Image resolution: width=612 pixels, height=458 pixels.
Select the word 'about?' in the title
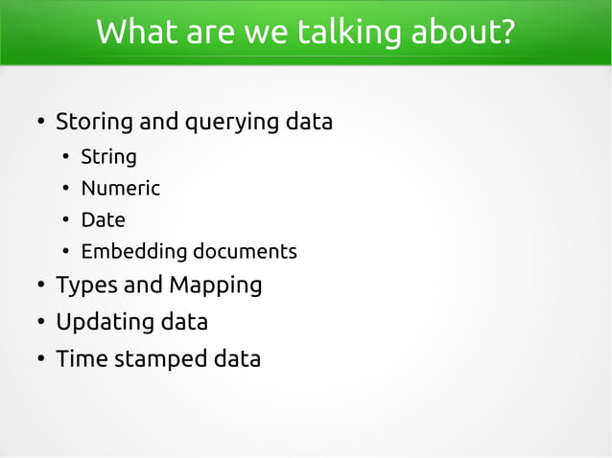(x=463, y=33)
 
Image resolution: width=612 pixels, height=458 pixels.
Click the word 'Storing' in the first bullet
(x=94, y=123)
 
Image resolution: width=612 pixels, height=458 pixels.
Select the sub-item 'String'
(x=108, y=156)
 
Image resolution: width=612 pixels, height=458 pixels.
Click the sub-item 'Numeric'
(x=120, y=188)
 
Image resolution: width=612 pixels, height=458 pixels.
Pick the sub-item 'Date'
(x=103, y=219)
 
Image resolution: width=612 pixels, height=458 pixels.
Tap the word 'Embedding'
(x=133, y=252)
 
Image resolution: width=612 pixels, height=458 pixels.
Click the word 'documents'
(x=245, y=252)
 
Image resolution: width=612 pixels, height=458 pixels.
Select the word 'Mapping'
(x=215, y=286)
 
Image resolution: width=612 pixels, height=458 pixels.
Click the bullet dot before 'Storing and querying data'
(x=39, y=124)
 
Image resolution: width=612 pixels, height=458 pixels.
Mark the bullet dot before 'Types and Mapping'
(x=39, y=286)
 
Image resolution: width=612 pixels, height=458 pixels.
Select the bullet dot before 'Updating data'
(x=39, y=323)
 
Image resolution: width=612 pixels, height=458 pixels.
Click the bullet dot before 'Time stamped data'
(x=39, y=360)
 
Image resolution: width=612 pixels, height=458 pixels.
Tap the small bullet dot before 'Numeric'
(x=64, y=189)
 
